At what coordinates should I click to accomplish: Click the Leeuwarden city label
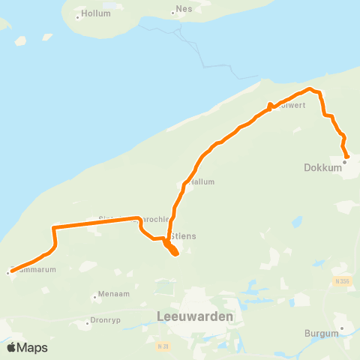tap(195, 316)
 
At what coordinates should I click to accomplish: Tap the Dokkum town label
tap(324, 168)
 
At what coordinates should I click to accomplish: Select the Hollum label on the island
tap(96, 13)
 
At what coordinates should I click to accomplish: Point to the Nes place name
tap(184, 10)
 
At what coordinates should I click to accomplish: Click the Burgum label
tap(322, 333)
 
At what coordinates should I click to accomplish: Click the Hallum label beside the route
tap(202, 181)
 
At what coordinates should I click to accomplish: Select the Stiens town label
tap(184, 235)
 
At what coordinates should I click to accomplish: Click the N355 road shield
tap(342, 280)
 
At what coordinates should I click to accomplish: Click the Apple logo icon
tap(11, 347)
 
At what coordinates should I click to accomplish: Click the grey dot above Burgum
tap(342, 327)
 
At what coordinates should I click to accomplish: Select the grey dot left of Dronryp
tap(88, 322)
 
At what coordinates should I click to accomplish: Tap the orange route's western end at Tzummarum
tap(9, 272)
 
